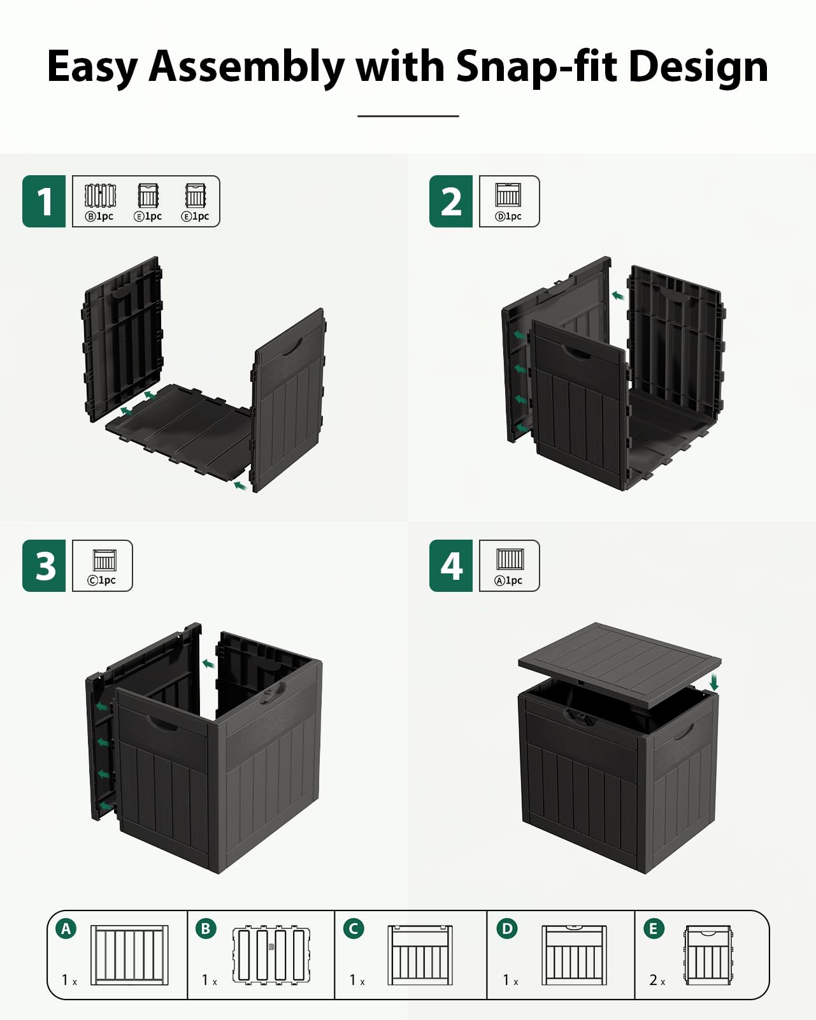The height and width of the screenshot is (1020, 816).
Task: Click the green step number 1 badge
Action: [x=43, y=201]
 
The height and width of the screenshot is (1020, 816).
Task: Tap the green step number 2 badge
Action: [x=450, y=201]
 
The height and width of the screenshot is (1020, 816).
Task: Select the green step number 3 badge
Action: [x=43, y=566]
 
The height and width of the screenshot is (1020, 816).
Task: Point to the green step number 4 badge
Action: [x=450, y=566]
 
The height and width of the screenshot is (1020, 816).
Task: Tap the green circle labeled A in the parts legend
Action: [x=66, y=928]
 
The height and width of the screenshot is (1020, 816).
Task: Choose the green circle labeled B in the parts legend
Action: [x=206, y=928]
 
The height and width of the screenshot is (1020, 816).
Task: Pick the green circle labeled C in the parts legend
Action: [x=354, y=928]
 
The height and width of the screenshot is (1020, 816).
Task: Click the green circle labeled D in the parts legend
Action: [x=507, y=928]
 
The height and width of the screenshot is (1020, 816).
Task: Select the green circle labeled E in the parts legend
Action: [x=654, y=928]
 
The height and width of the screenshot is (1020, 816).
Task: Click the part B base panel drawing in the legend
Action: [x=271, y=954]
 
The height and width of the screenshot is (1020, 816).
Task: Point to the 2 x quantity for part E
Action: [x=657, y=980]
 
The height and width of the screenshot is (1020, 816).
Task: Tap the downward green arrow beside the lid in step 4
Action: [x=714, y=682]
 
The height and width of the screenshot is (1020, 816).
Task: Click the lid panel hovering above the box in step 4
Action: [x=619, y=664]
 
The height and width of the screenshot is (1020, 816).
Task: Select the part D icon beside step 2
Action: [x=508, y=195]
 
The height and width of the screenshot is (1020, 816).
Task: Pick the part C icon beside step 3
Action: [x=104, y=560]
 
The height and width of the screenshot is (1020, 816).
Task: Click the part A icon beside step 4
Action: [x=510, y=559]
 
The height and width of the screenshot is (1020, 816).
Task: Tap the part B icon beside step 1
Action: [x=100, y=196]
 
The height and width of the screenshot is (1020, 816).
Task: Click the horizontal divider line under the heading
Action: [x=408, y=116]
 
